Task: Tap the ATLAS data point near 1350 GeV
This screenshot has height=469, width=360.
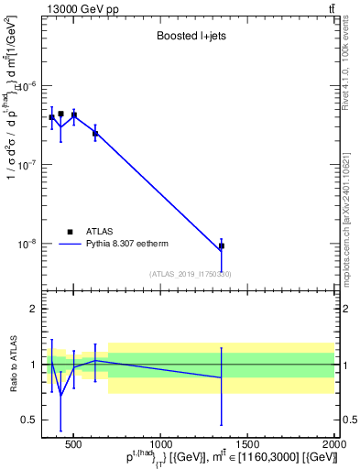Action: [221, 246]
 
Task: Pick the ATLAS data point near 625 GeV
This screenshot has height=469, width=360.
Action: [95, 134]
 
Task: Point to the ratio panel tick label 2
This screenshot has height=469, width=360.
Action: [31, 309]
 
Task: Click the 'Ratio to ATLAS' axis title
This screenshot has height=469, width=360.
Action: [12, 364]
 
